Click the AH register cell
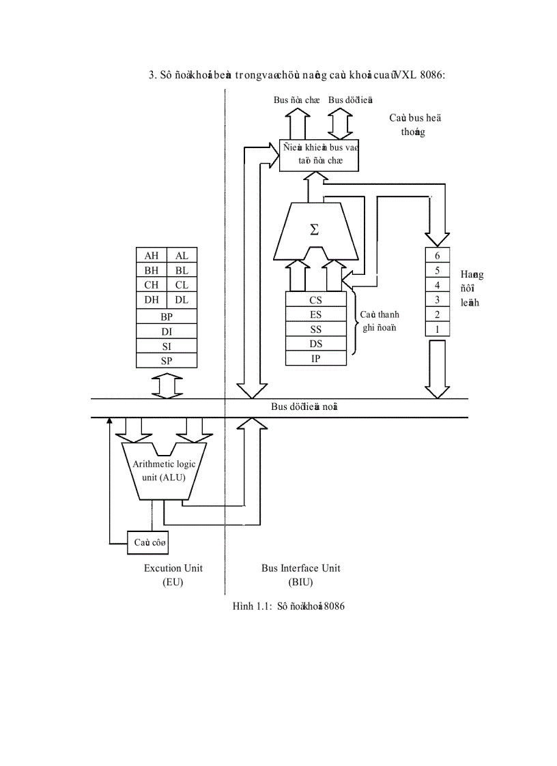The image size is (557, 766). (x=151, y=255)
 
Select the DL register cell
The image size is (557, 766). (x=182, y=300)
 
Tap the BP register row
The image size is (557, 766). (x=167, y=316)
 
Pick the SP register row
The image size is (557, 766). (x=167, y=361)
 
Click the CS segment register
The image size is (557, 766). (x=316, y=299)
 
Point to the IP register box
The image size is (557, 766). (x=316, y=359)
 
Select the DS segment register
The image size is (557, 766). (x=316, y=344)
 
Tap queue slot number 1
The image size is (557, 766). (x=438, y=329)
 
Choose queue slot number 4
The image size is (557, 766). (x=438, y=284)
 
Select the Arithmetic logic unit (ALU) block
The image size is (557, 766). (x=164, y=471)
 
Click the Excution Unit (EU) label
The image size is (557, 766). (x=173, y=575)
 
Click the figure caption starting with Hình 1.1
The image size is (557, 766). (x=288, y=606)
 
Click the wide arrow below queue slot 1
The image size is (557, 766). (x=438, y=368)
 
